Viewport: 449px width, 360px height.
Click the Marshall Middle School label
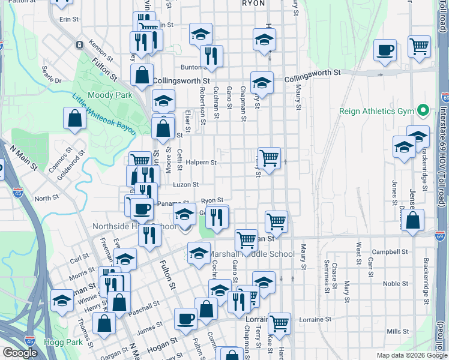pyautogui.click(x=252, y=254)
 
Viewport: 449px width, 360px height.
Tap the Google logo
pyautogui.click(x=20, y=353)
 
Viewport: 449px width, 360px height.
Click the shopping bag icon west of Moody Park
pyautogui.click(x=74, y=119)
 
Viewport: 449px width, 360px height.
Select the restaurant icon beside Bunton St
pyautogui.click(x=211, y=57)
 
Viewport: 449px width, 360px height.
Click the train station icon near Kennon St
pyautogui.click(x=79, y=44)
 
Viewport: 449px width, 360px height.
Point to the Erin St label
pyautogui.click(x=69, y=19)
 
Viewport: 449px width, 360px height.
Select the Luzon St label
pyautogui.click(x=185, y=185)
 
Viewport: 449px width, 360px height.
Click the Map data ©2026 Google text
pyautogui.click(x=411, y=355)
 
